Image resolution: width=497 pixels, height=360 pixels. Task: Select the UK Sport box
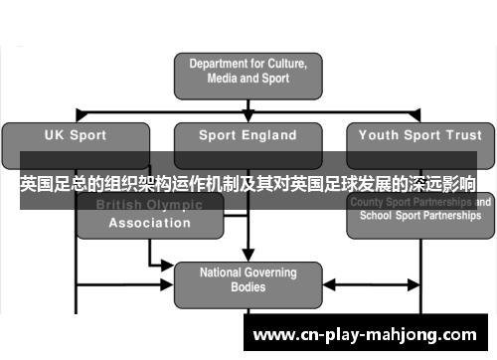pyautogui.click(x=77, y=135)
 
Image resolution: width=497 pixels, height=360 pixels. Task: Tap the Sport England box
pyautogui.click(x=248, y=135)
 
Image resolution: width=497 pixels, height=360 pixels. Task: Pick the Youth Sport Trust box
pyautogui.click(x=418, y=135)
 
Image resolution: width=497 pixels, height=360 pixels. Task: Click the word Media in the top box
pyautogui.click(x=225, y=79)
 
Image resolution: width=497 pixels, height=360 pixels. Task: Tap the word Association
pyautogui.click(x=149, y=223)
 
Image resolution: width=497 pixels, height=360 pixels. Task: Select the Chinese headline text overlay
pyautogui.click(x=248, y=184)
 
